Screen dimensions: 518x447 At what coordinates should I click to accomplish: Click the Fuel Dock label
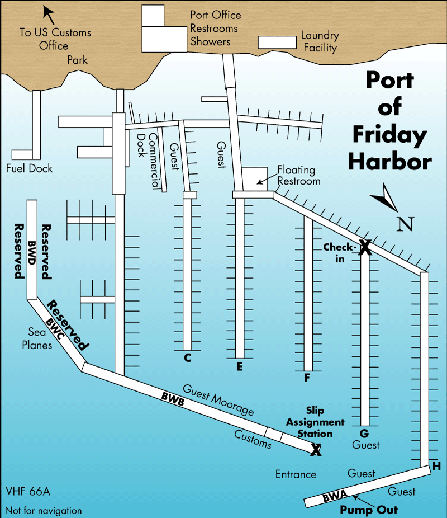tap(29, 168)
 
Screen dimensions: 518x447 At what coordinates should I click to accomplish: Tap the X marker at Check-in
tap(364, 247)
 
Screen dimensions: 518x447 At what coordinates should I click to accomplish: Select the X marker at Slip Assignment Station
tap(316, 449)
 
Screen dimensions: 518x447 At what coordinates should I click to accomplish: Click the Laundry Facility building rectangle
tap(277, 43)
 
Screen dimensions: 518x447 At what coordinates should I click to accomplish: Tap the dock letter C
tap(187, 358)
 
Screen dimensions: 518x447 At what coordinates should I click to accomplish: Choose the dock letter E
tap(240, 367)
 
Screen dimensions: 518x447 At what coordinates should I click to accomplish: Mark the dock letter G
tap(364, 434)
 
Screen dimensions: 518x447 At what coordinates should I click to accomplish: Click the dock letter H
tap(436, 467)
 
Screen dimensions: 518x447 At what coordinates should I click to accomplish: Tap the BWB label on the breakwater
tap(172, 397)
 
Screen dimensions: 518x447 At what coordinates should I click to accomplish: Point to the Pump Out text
tap(369, 510)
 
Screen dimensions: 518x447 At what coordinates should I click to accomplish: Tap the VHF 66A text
tap(28, 492)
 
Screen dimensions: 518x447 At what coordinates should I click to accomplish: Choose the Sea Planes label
tap(37, 338)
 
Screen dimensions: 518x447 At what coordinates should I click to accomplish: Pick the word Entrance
tap(296, 474)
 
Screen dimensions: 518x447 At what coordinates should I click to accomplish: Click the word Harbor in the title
tap(390, 161)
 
